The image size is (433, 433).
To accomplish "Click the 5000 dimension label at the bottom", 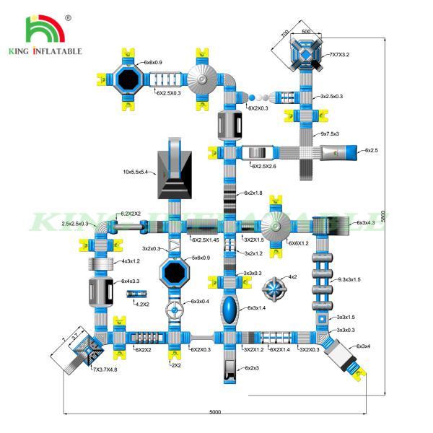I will point(216,412).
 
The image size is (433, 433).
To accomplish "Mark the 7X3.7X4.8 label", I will point(105,369).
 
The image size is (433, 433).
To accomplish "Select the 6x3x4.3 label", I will point(366,223).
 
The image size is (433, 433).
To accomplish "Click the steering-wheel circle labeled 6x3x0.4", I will point(174,312).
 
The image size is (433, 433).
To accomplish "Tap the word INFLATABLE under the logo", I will point(58,51).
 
